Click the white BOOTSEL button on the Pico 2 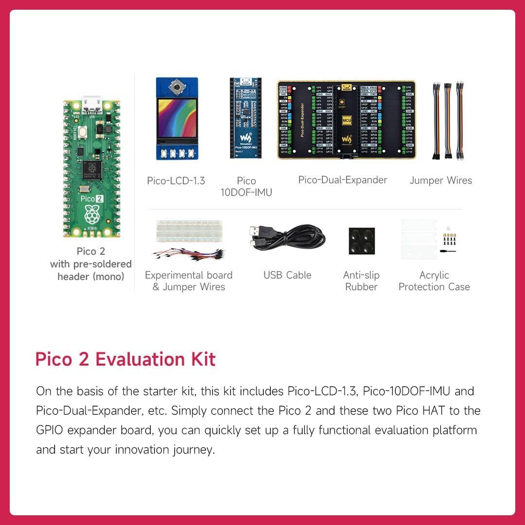[x=83, y=130]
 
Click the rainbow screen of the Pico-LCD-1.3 [x=175, y=122]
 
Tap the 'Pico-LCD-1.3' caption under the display [x=176, y=181]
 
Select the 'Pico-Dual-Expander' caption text [x=343, y=180]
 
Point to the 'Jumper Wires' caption [x=441, y=180]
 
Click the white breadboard [x=189, y=231]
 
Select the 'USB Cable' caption [x=287, y=275]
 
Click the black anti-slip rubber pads [x=361, y=241]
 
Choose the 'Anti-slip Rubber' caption [x=361, y=281]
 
